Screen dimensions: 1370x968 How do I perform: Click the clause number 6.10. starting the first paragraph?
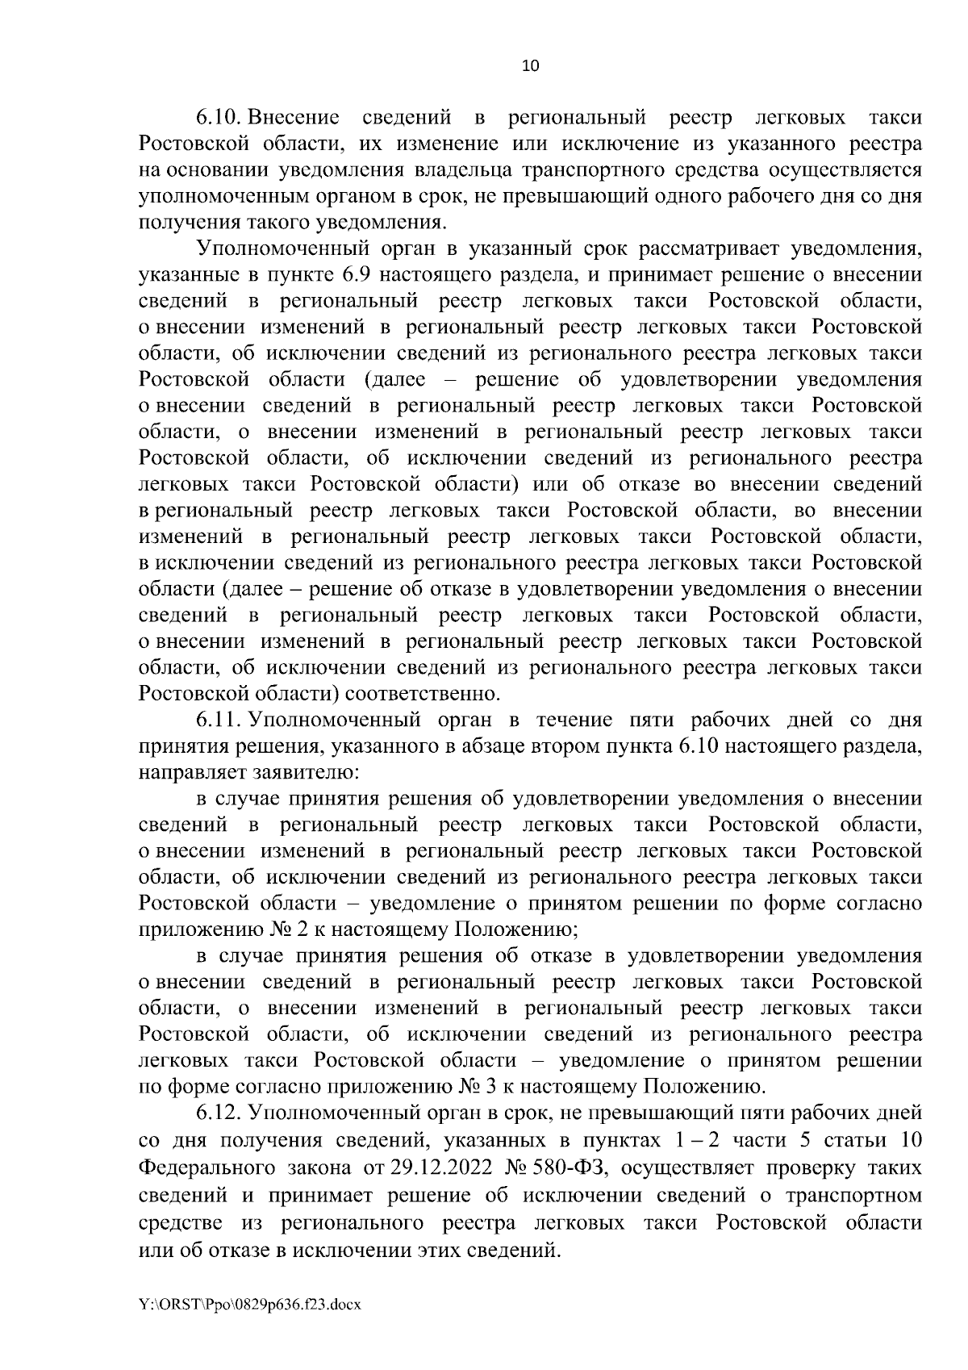(x=219, y=119)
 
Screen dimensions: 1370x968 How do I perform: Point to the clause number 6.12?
(x=219, y=1113)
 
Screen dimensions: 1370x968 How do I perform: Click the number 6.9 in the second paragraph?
(x=356, y=275)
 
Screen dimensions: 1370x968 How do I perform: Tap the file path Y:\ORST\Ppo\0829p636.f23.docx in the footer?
(x=250, y=1326)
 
